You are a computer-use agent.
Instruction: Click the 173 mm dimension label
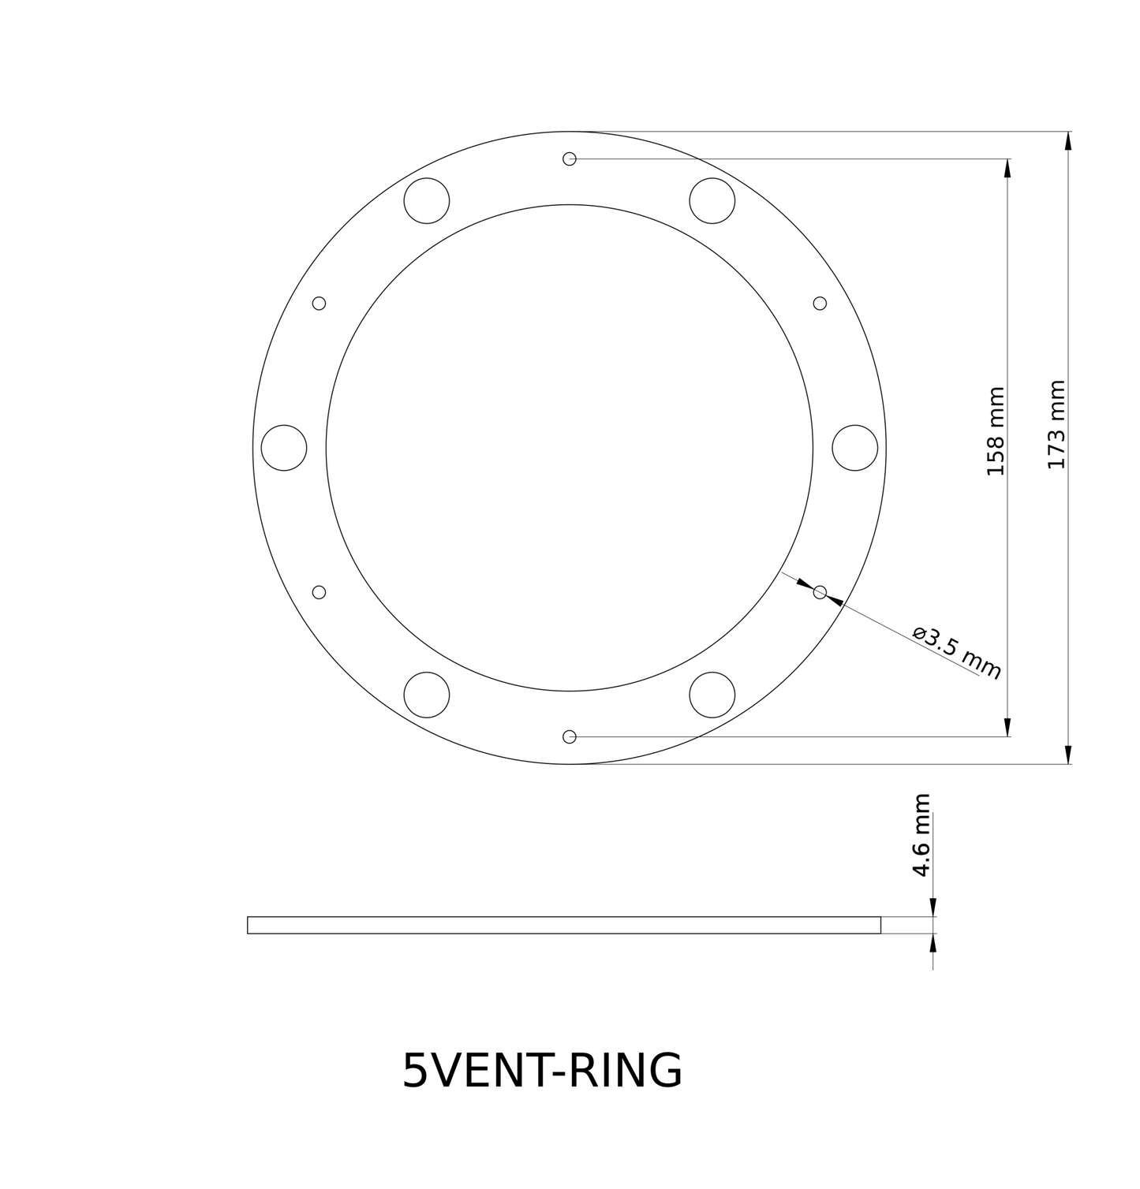(1056, 425)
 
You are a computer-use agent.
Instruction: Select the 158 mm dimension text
(996, 431)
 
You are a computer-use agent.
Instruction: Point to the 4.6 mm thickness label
(921, 836)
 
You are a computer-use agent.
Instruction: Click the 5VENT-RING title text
(542, 1071)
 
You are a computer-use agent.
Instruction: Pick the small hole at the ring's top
(570, 158)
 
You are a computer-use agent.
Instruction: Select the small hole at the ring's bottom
(570, 736)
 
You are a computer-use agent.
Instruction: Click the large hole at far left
(284, 448)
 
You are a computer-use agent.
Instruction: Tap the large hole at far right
(855, 448)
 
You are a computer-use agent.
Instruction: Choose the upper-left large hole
(427, 200)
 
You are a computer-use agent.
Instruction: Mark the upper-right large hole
(712, 200)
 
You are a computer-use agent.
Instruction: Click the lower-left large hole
(427, 695)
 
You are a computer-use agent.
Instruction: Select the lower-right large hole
(712, 695)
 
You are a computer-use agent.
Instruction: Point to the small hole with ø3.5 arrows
(820, 592)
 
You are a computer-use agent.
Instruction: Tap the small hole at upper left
(320, 303)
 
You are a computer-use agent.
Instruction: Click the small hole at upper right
(820, 303)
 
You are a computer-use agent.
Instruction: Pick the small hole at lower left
(320, 592)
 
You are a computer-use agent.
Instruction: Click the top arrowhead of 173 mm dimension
(1068, 141)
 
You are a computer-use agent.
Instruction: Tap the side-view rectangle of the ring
(564, 925)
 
